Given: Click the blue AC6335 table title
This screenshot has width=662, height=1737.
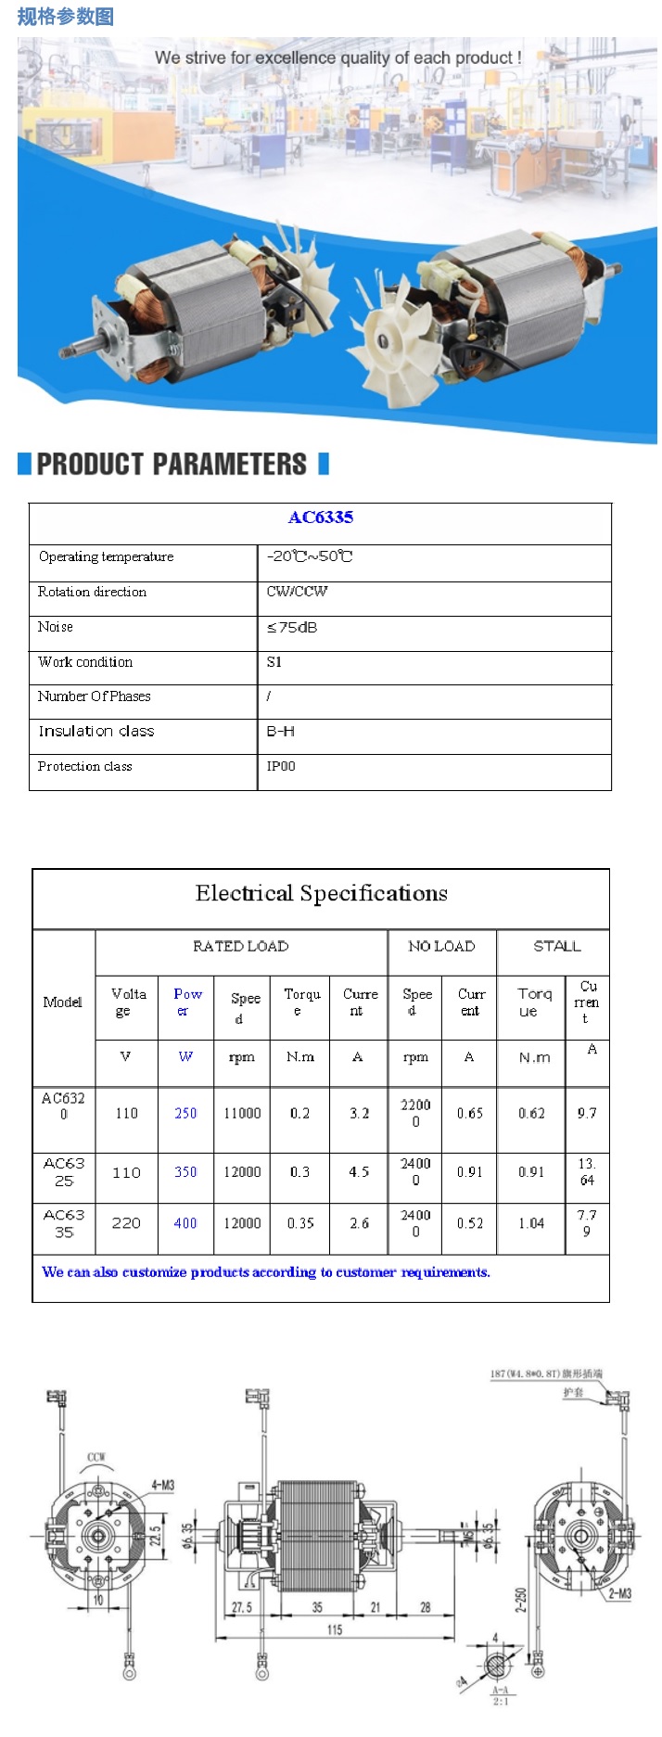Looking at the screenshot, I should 320,517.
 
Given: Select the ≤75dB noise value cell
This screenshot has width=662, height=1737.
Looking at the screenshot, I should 292,628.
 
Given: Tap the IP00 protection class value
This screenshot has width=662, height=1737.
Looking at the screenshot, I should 281,767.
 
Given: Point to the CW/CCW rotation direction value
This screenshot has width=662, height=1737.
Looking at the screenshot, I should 297,592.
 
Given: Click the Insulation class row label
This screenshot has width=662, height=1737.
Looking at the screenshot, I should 95,732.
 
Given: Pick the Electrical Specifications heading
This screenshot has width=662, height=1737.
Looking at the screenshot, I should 321,894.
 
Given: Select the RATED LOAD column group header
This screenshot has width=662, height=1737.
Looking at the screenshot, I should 240,946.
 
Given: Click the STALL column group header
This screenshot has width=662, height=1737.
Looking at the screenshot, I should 556,946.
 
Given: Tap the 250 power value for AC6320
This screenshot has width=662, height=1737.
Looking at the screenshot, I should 185,1113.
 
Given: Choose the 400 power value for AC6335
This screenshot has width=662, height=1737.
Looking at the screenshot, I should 185,1223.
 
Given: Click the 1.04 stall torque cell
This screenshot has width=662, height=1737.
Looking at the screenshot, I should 531,1223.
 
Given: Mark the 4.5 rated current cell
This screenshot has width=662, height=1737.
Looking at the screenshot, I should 359,1171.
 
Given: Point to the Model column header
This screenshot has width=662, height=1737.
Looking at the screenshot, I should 62,1003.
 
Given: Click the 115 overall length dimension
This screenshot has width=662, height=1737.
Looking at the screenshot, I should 335,1629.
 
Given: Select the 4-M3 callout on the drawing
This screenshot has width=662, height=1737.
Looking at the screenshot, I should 162,1486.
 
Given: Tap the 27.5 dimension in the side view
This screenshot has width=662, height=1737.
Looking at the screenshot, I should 242,1607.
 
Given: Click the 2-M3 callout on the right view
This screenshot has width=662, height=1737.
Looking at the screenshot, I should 619,1593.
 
